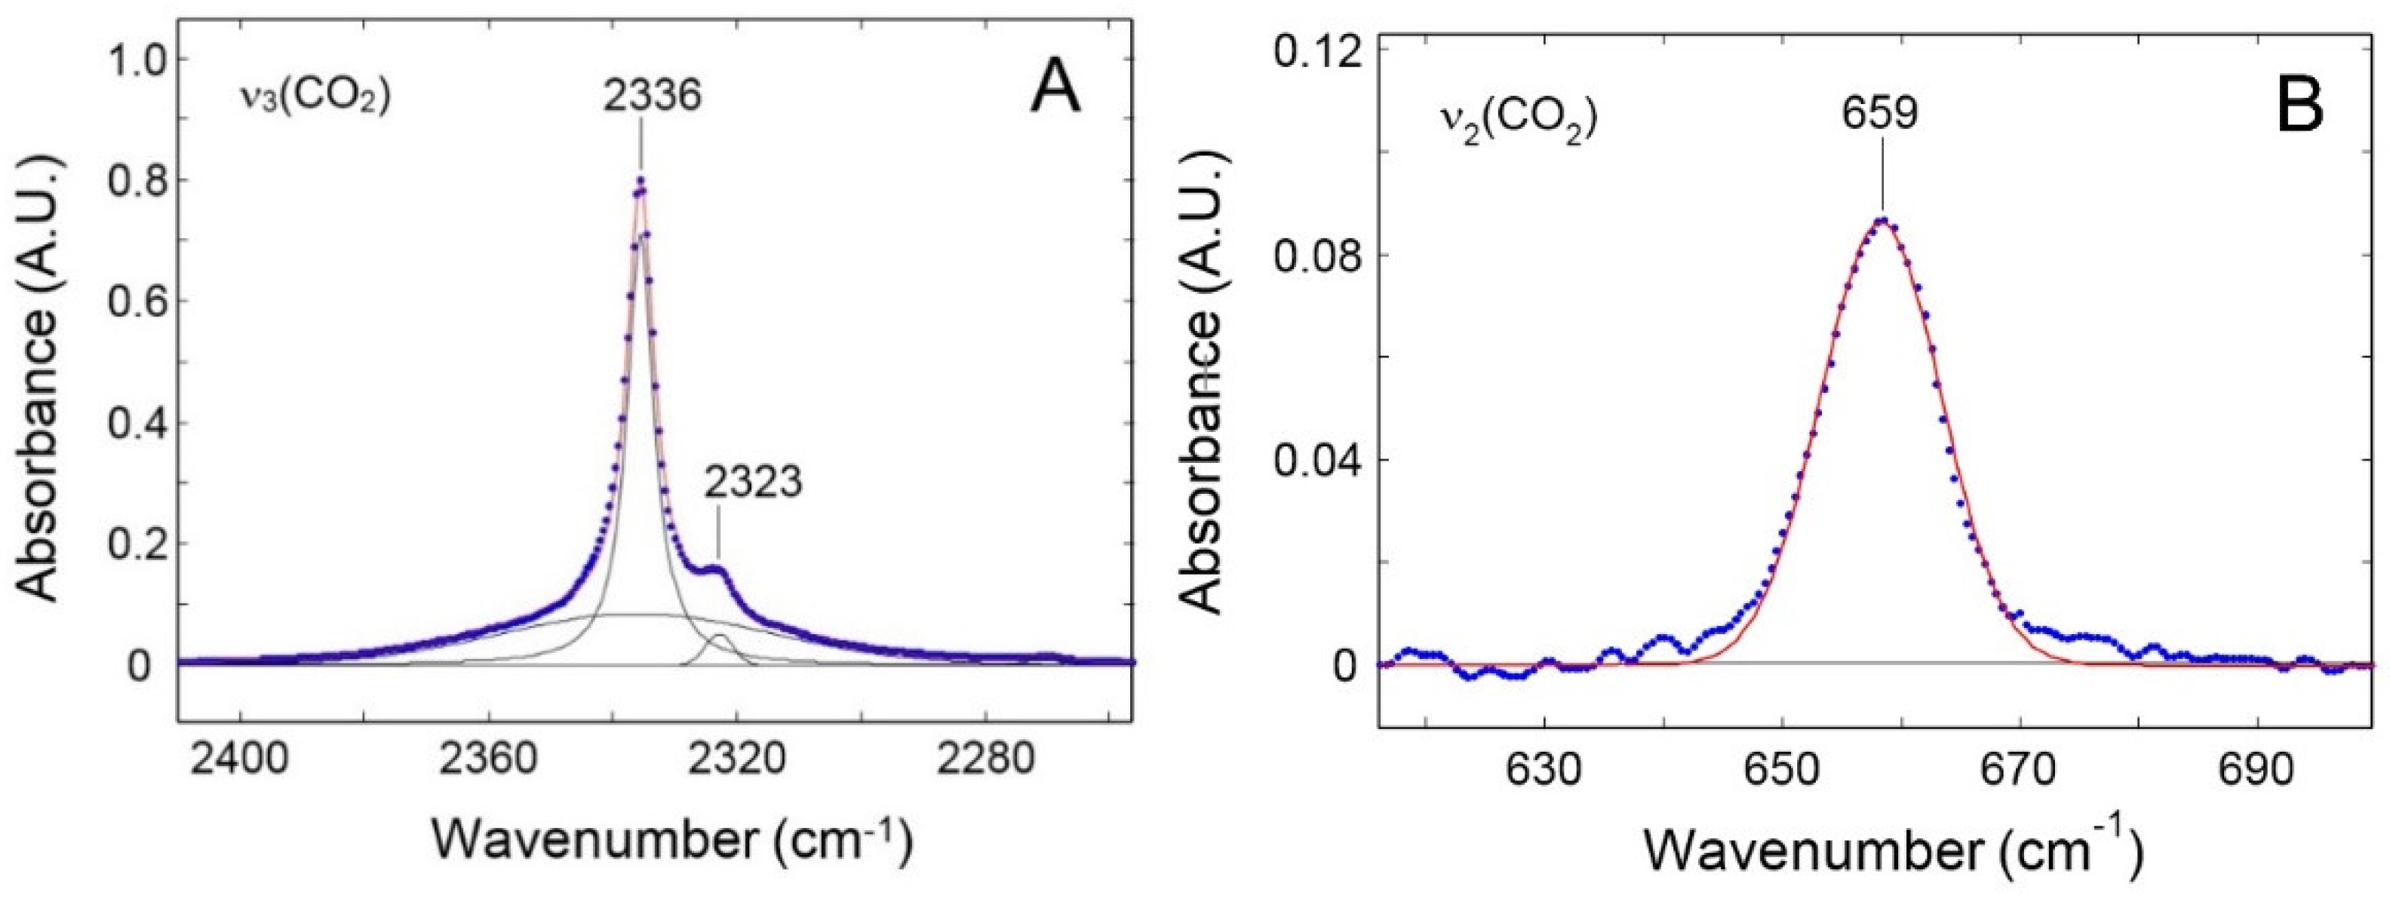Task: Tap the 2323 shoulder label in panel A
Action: click(x=751, y=483)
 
